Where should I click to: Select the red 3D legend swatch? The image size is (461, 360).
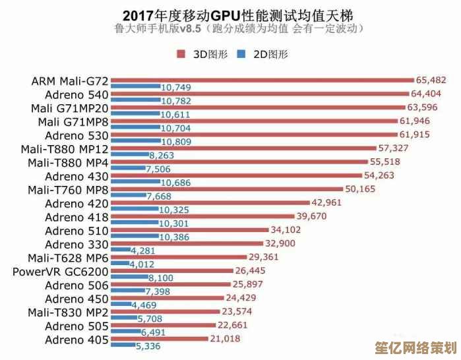pyautogui.click(x=181, y=54)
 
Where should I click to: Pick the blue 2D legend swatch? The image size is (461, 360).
pyautogui.click(x=240, y=54)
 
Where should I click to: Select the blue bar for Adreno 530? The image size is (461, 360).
pyautogui.click(x=136, y=141)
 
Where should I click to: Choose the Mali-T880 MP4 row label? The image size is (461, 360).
pyautogui.click(x=69, y=163)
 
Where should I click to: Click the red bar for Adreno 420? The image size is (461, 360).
pyautogui.click(x=210, y=203)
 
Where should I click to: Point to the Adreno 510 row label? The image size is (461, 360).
pyautogui.click(x=74, y=231)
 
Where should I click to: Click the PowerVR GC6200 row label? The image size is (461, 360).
pyautogui.click(x=61, y=272)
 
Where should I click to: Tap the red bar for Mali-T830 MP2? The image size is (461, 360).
pyautogui.click(x=166, y=311)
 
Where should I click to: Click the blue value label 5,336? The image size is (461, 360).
pyautogui.click(x=148, y=345)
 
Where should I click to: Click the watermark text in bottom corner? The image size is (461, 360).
pyautogui.click(x=415, y=347)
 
